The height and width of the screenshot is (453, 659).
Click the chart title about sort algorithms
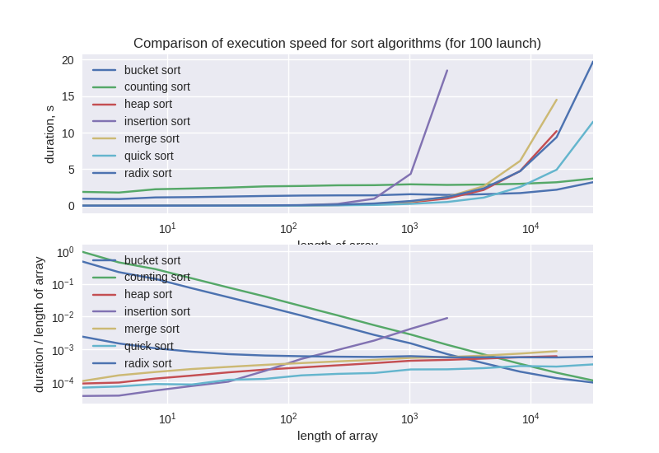coord(337,43)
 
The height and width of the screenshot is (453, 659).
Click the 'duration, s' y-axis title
coord(49,134)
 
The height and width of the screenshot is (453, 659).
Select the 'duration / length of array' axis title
coord(39,324)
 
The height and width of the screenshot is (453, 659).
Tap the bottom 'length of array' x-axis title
coord(337,436)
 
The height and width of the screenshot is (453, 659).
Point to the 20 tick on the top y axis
coord(68,60)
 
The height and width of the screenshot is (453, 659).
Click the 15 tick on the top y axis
coord(68,96)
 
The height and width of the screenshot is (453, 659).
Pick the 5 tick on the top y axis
coord(71,170)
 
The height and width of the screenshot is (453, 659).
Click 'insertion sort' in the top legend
coord(157,121)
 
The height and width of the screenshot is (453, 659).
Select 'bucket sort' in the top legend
coord(152,70)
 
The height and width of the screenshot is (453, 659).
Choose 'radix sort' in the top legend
coord(147,173)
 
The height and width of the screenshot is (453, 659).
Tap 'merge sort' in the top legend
coord(151,138)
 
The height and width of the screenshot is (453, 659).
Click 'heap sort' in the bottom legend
coord(147,294)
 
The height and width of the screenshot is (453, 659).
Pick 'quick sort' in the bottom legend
coord(148,346)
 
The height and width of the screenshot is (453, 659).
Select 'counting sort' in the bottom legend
coord(157,277)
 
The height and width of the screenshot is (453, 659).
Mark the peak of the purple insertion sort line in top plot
coord(447,70)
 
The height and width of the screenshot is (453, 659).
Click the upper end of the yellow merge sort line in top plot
coord(557,100)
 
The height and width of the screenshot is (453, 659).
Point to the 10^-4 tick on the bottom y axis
coord(63,384)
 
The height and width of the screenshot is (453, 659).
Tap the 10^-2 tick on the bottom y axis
coord(63,318)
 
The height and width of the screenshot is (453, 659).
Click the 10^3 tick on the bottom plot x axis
coord(409,419)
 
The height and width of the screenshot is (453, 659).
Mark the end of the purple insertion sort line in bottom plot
coord(447,318)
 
